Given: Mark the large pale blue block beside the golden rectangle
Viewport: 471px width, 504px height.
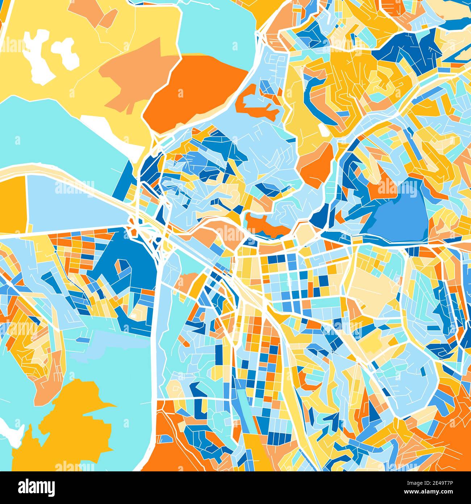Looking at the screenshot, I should point(72,203).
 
